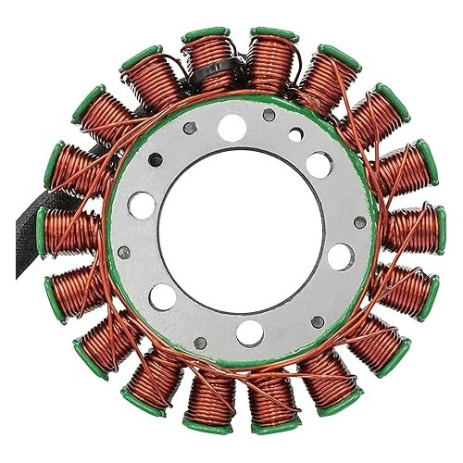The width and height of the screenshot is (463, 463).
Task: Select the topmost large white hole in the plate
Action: pos(231,128)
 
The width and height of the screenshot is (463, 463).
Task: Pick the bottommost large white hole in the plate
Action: pos(248,332)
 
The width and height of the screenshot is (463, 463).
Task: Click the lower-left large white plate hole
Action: pos(162,297)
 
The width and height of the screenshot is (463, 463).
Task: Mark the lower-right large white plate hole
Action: pos(339,254)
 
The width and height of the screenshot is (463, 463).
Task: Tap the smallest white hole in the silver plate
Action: pos(294,135)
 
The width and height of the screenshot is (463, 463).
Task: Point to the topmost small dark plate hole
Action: pos(269,117)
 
